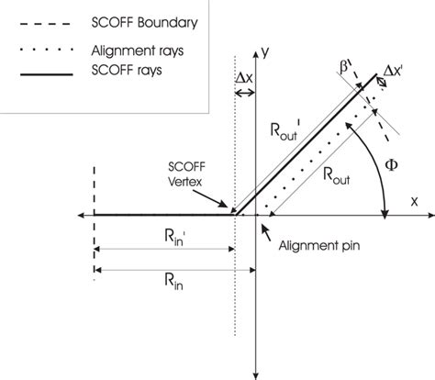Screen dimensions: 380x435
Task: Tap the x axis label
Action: tap(413, 199)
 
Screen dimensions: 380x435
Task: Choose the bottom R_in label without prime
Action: tap(172, 285)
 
